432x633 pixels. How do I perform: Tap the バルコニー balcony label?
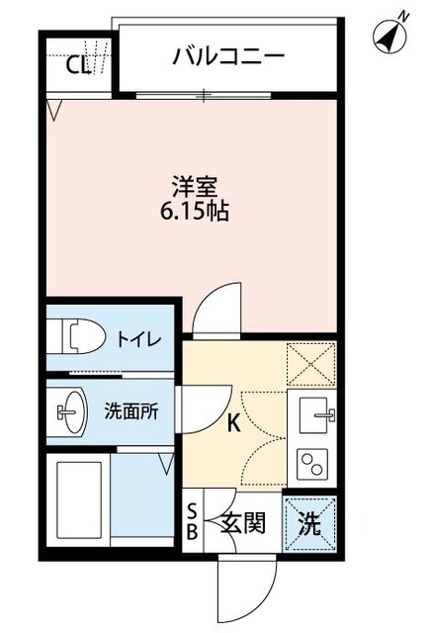tap(228, 57)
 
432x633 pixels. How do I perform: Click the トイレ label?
tap(139, 340)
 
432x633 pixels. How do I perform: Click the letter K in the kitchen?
tap(234, 425)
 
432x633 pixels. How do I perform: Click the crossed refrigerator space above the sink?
tap(311, 363)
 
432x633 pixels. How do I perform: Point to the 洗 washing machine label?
tap(310, 521)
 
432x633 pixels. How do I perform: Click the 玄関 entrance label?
tap(241, 521)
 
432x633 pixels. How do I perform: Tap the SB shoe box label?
tap(193, 520)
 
